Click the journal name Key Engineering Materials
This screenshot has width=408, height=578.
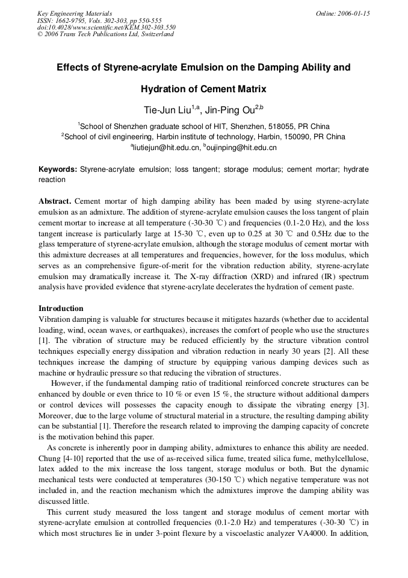click(x=75, y=13)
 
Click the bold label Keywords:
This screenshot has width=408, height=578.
click(x=58, y=170)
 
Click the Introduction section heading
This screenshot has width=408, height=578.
click(x=61, y=309)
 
